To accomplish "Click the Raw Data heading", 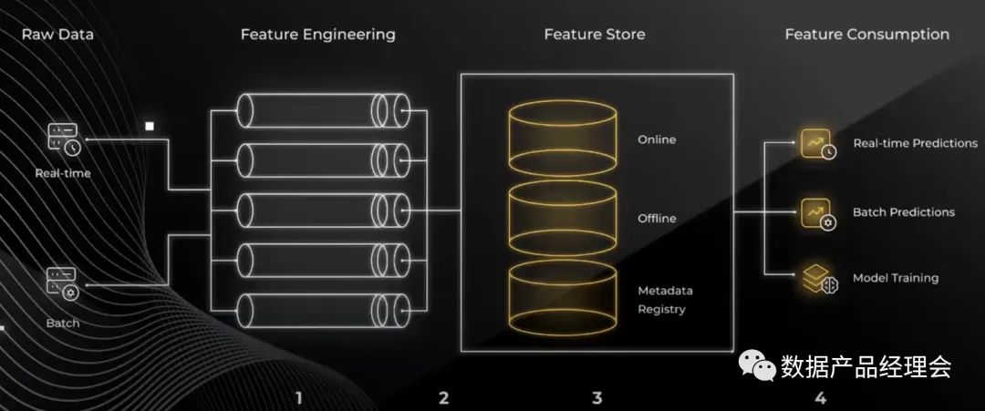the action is (57, 35).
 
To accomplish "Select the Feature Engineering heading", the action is (317, 35).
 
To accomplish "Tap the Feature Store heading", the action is (594, 35).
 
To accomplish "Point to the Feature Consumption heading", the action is (866, 35).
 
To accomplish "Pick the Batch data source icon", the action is (63, 284).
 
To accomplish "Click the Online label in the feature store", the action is (657, 140).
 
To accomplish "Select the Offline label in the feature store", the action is (657, 219).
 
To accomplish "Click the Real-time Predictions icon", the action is (817, 144).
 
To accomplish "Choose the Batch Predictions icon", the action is (817, 213).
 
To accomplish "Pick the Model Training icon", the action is (817, 279).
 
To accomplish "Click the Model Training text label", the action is (895, 278).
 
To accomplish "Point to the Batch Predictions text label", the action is (903, 212).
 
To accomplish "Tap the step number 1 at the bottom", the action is (298, 397).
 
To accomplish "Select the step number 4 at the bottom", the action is (820, 397).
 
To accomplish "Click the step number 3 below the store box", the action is (597, 397).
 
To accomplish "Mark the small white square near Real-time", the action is (150, 127).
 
